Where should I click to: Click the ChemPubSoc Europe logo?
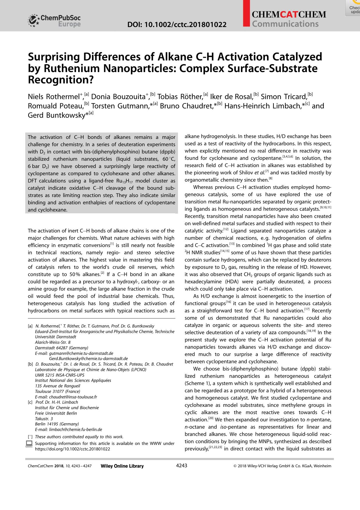pos(54,21)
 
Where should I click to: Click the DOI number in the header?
pos(177,25)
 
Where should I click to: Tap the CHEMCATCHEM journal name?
pos(289,15)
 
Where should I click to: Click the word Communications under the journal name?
pos(285,24)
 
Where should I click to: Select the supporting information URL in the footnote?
pos(72,449)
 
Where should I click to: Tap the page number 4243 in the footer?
pos(181,466)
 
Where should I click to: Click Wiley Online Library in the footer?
pos(122,466)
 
